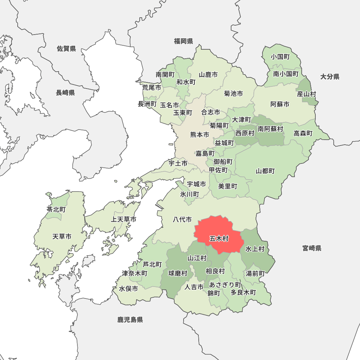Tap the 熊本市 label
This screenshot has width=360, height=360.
click(199, 135)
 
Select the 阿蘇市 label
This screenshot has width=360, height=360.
click(280, 104)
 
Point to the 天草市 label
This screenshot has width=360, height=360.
click(62, 237)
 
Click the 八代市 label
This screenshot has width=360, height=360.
click(182, 219)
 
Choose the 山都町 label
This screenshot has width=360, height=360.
click(265, 171)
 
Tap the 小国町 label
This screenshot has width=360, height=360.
click(280, 57)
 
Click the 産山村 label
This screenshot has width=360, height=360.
click(306, 94)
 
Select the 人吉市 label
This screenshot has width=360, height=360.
click(194, 287)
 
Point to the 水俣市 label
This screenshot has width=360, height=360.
click(129, 289)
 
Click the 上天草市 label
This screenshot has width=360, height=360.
click(123, 219)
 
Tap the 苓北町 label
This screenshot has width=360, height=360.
click(56, 209)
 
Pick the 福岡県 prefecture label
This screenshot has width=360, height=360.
click(184, 41)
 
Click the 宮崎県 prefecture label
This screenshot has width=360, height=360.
click(312, 248)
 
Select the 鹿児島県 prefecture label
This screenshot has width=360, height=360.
click(130, 319)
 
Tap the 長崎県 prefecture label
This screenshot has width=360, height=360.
click(65, 93)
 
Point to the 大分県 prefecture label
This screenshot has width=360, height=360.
click(330, 76)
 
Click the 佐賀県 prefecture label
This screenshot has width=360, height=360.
click(67, 49)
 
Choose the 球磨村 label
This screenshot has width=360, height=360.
click(178, 274)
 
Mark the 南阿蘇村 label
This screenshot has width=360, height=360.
click(270, 129)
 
